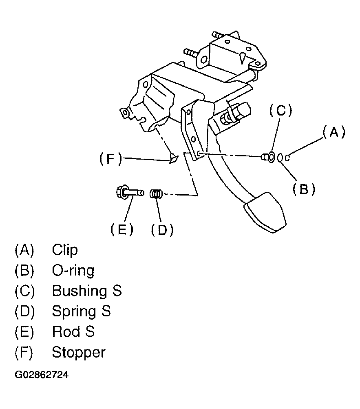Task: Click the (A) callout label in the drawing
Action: [333, 132]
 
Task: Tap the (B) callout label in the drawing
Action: [304, 189]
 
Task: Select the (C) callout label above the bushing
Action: [280, 111]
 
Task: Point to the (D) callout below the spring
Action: [162, 230]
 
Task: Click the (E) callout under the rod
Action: [122, 230]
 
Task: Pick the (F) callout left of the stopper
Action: [110, 159]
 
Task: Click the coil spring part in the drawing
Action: [156, 194]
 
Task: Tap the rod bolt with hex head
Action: [130, 193]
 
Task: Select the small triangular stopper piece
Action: [173, 158]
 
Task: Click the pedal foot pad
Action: [265, 212]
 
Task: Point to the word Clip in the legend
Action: [65, 250]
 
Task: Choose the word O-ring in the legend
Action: [73, 271]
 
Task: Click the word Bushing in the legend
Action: [80, 291]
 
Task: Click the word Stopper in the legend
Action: [79, 353]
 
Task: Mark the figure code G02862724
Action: [42, 375]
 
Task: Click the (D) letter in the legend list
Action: [25, 311]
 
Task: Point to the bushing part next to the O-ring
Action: [269, 157]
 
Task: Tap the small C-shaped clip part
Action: [287, 158]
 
